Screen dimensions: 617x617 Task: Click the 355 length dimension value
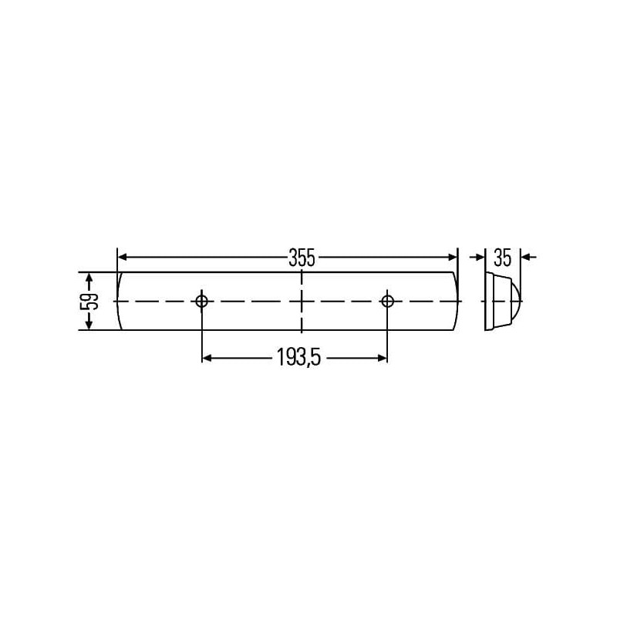302,258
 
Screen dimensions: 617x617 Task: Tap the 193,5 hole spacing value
298,357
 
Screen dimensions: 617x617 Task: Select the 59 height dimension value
89,302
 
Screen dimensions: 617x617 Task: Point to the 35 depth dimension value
503,258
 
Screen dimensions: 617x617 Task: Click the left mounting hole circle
201,302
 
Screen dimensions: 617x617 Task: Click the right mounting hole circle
388,302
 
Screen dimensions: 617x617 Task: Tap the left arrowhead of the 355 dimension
123,258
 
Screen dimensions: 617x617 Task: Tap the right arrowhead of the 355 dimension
453,258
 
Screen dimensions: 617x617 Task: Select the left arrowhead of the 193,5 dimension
207,358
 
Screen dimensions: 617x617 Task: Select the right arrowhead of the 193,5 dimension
383,358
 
